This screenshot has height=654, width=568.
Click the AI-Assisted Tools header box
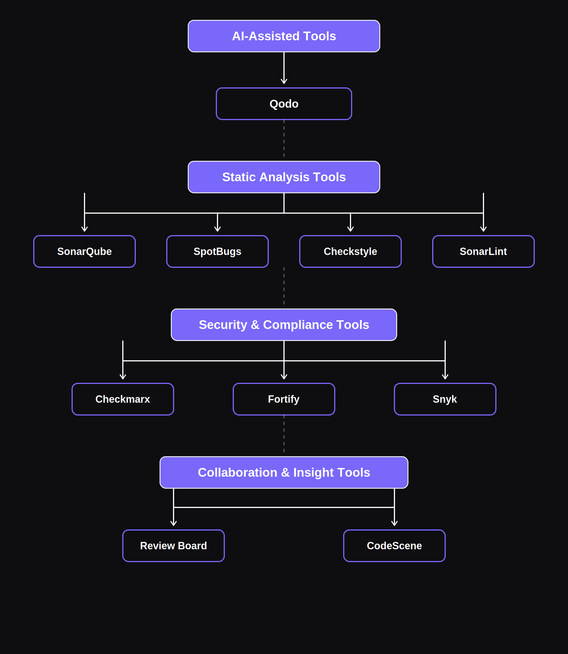click(284, 36)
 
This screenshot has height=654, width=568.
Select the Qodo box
click(284, 104)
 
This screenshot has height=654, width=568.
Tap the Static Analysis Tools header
click(284, 177)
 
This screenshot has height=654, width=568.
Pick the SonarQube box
click(85, 251)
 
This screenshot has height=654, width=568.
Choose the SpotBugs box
click(218, 251)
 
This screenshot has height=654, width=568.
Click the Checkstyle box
click(350, 251)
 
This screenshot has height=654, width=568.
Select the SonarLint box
click(483, 251)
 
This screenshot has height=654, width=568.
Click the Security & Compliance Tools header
click(284, 325)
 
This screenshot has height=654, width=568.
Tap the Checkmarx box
click(123, 399)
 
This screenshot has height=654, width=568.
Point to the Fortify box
click(284, 399)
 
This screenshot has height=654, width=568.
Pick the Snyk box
click(445, 399)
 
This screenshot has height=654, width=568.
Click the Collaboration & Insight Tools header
click(284, 472)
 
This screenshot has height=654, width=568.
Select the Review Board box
click(174, 546)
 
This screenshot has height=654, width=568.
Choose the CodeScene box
click(394, 546)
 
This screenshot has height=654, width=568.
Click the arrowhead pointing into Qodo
click(284, 82)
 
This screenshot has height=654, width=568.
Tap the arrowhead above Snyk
click(445, 377)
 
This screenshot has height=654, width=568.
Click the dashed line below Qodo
click(284, 139)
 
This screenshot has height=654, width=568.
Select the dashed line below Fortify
click(284, 434)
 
